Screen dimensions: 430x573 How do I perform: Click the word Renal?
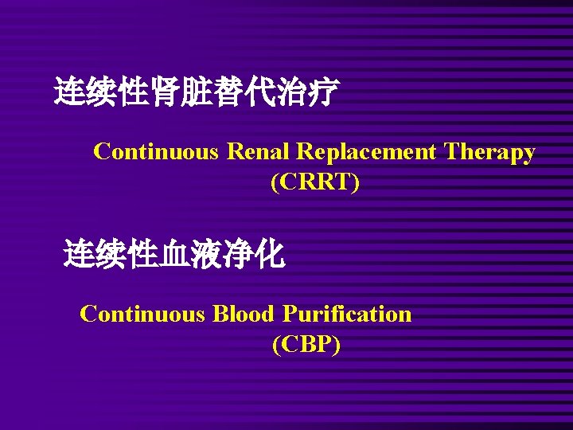click(260, 151)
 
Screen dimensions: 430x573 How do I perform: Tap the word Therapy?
click(489, 151)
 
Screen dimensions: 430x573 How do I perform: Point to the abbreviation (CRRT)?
click(315, 182)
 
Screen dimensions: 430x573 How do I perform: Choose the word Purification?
click(346, 314)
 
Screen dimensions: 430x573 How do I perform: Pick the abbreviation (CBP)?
click(306, 345)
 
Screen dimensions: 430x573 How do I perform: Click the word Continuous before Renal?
click(155, 151)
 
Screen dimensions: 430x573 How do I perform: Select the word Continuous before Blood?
click(142, 314)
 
